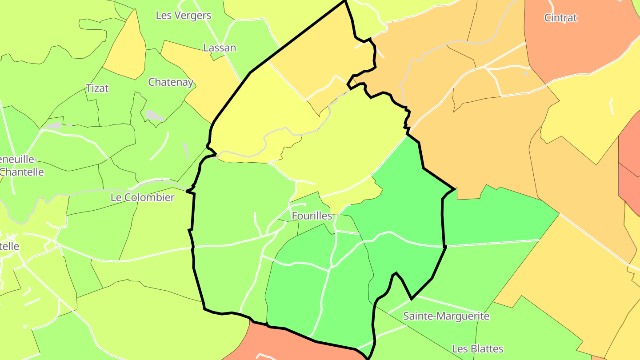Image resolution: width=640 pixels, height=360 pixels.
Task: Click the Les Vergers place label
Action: point(183,15)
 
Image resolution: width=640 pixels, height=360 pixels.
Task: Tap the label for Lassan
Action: point(220,48)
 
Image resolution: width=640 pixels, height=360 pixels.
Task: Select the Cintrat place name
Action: point(560,18)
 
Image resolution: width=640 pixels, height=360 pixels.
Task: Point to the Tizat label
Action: point(97,88)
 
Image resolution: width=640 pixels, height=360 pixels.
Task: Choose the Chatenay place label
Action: point(171,82)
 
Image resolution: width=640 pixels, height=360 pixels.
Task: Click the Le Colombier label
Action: point(143,197)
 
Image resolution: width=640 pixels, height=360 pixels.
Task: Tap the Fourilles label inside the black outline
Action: point(312,216)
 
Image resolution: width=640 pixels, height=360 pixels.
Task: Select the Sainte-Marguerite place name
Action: point(446,316)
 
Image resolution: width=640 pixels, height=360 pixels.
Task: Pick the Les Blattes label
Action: point(478,348)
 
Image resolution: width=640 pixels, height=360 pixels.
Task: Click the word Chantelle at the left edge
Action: point(22,172)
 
